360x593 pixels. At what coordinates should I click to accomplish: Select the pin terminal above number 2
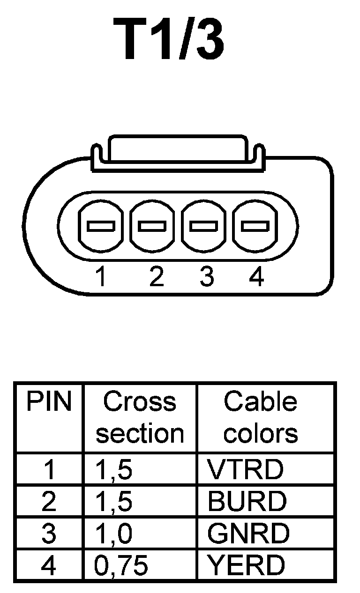coord(152,226)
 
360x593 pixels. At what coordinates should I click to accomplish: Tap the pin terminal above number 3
coord(204,226)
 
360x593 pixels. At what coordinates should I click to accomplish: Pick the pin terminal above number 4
coord(255,226)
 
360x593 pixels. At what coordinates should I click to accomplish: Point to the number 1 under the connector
coord(100,277)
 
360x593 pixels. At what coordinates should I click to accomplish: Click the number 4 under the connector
coord(256,277)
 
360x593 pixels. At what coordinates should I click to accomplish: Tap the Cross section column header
coord(140,418)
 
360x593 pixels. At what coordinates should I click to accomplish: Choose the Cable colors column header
coord(261,418)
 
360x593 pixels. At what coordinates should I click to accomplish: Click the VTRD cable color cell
coord(246,470)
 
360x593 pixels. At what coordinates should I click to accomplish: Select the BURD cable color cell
coord(247,502)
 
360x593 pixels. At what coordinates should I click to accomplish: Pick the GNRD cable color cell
coord(248,534)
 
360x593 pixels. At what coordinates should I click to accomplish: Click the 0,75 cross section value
coord(121,566)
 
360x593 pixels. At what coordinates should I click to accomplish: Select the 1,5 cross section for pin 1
coord(113,470)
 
